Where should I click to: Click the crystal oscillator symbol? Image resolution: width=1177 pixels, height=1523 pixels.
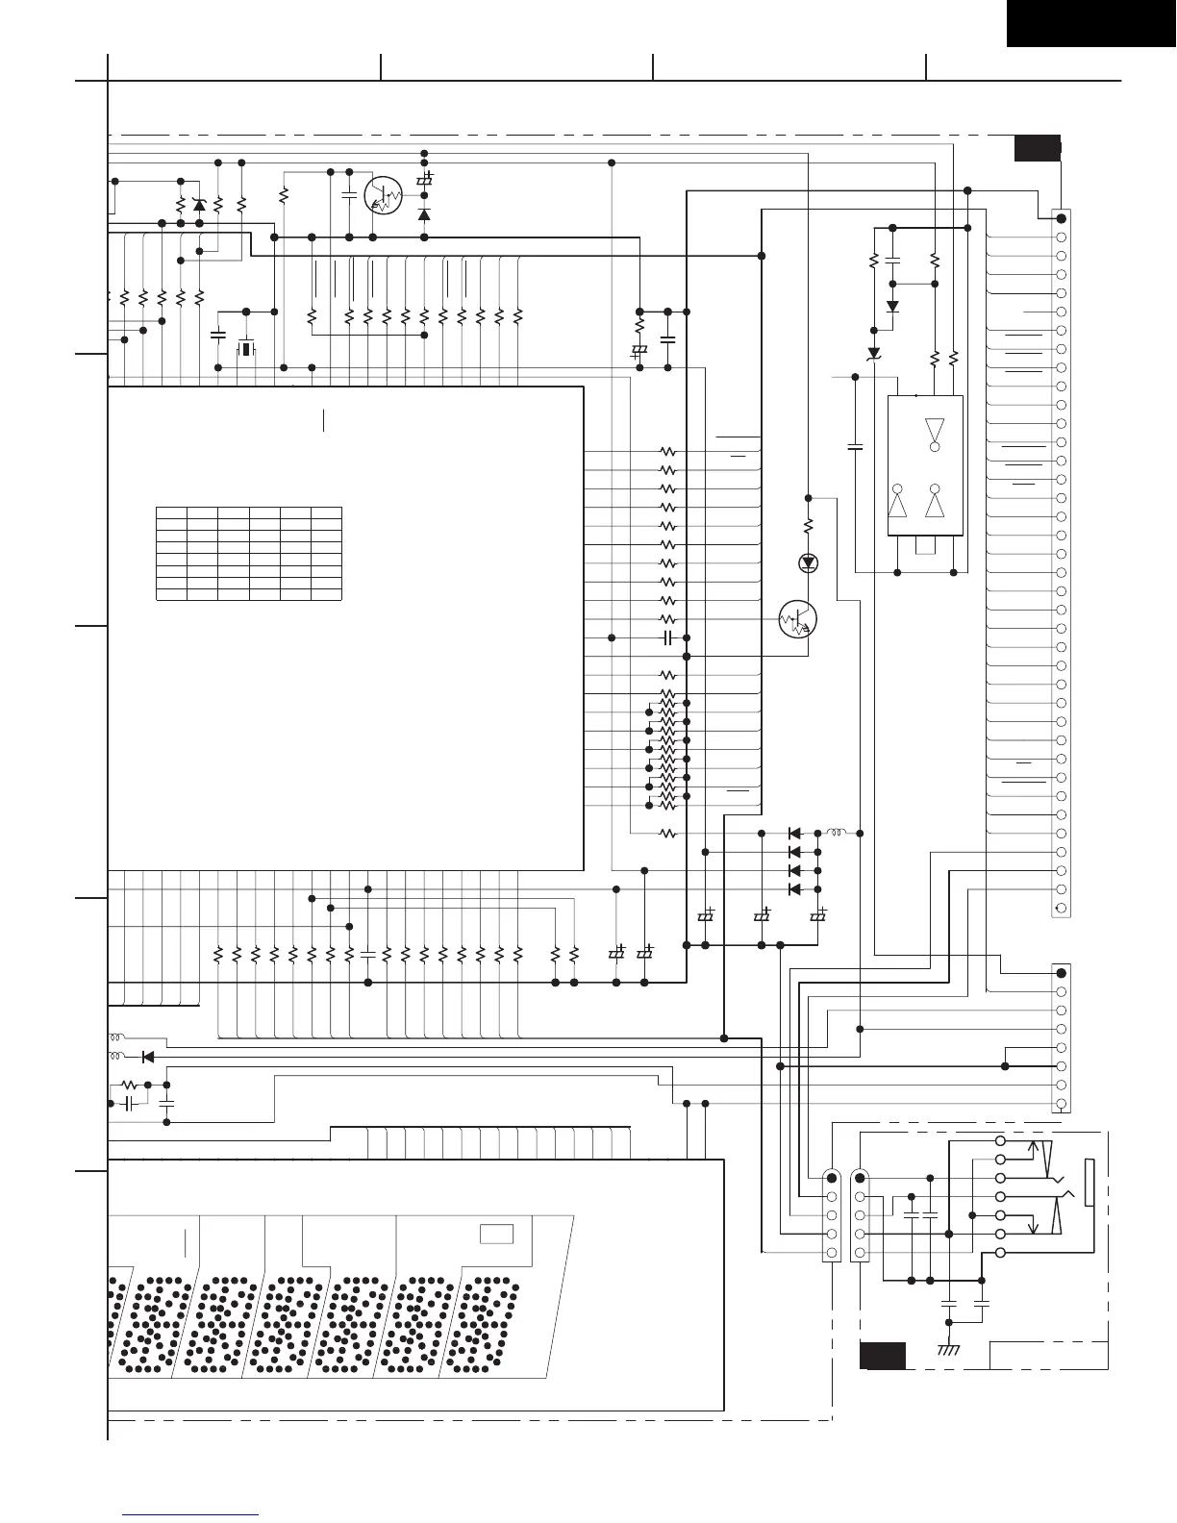[246, 348]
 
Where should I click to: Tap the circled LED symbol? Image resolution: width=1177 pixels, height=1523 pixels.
[808, 562]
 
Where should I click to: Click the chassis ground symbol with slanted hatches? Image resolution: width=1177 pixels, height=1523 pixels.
[949, 1351]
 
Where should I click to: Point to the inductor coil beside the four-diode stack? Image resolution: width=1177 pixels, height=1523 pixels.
[837, 833]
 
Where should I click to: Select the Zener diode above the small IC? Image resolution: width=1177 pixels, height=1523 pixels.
[874, 354]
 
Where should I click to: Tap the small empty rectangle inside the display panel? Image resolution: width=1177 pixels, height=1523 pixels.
[496, 1234]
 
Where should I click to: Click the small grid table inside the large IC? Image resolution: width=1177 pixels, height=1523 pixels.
[248, 553]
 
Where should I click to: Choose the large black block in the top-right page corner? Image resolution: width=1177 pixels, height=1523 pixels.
[1091, 23]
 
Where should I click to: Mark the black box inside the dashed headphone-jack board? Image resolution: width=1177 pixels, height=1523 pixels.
[882, 1356]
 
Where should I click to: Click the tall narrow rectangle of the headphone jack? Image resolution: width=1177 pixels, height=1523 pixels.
[1089, 1183]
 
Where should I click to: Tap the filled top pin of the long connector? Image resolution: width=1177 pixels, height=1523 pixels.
[1062, 218]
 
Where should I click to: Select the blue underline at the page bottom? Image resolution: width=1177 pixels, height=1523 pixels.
[191, 1514]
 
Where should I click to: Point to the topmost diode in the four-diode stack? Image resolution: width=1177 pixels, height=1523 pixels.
[795, 833]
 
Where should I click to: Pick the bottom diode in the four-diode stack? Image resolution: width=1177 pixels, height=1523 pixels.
[795, 889]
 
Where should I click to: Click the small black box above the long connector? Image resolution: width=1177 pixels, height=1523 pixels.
[1038, 148]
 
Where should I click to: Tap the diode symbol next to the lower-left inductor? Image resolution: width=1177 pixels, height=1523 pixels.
[148, 1057]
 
